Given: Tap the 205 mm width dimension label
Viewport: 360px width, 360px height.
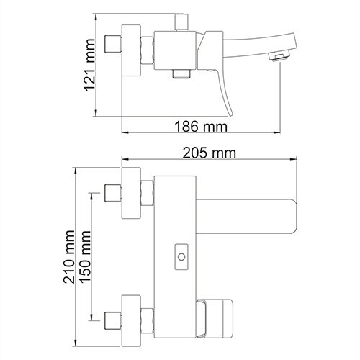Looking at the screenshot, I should tap(211, 153).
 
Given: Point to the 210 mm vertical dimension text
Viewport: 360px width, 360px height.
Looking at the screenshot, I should tap(71, 258).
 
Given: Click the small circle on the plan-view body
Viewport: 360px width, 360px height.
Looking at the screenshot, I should tap(180, 255).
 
